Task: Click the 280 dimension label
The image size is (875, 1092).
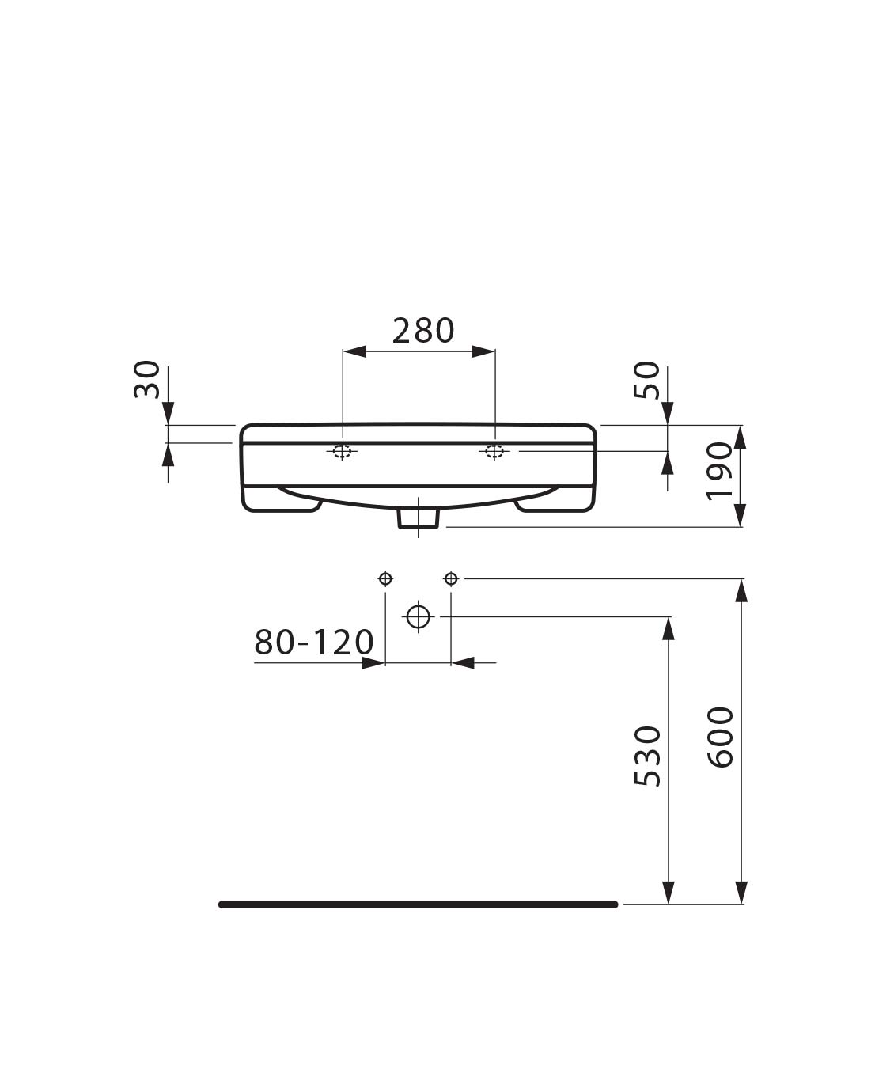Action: [423, 331]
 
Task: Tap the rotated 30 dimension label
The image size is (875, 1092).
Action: [147, 380]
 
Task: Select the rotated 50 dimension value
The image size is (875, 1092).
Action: [646, 380]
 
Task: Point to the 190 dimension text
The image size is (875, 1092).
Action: [720, 471]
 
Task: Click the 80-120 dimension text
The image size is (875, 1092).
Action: [314, 642]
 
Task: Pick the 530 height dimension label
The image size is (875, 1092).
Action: [648, 756]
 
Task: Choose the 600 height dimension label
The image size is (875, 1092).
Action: [720, 737]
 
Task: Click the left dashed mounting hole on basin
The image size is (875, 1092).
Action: [343, 450]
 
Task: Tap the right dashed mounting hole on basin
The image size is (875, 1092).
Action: [494, 450]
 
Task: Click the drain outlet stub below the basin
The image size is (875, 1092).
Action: [418, 518]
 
